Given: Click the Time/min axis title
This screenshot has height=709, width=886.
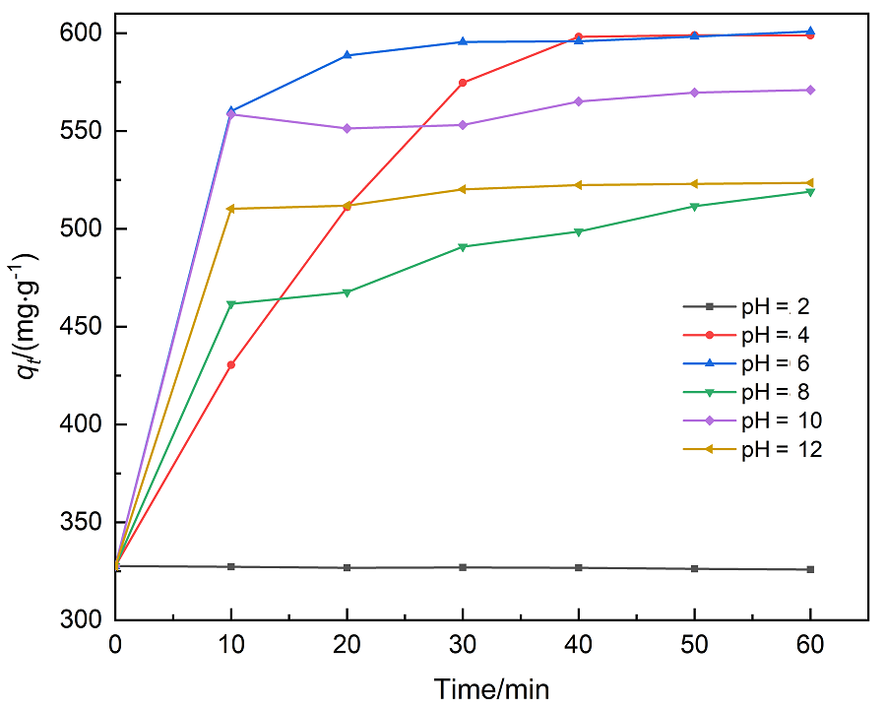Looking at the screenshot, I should click(492, 687).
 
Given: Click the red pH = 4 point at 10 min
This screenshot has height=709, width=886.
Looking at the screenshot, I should click(231, 365).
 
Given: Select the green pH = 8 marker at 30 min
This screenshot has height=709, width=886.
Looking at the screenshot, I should click(463, 246).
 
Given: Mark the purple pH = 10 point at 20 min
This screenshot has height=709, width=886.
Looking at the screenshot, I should click(348, 128).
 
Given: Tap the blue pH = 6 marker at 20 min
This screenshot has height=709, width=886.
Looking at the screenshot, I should click(348, 55).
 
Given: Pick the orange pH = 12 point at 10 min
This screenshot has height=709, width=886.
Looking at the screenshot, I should click(231, 209).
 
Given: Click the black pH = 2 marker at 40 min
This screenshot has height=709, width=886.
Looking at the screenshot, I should click(579, 568).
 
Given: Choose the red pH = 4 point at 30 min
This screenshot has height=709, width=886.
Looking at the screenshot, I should click(463, 83).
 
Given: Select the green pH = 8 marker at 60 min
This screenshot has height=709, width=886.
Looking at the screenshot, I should click(810, 192).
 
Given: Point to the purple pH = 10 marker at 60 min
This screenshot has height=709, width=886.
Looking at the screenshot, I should click(810, 90).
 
